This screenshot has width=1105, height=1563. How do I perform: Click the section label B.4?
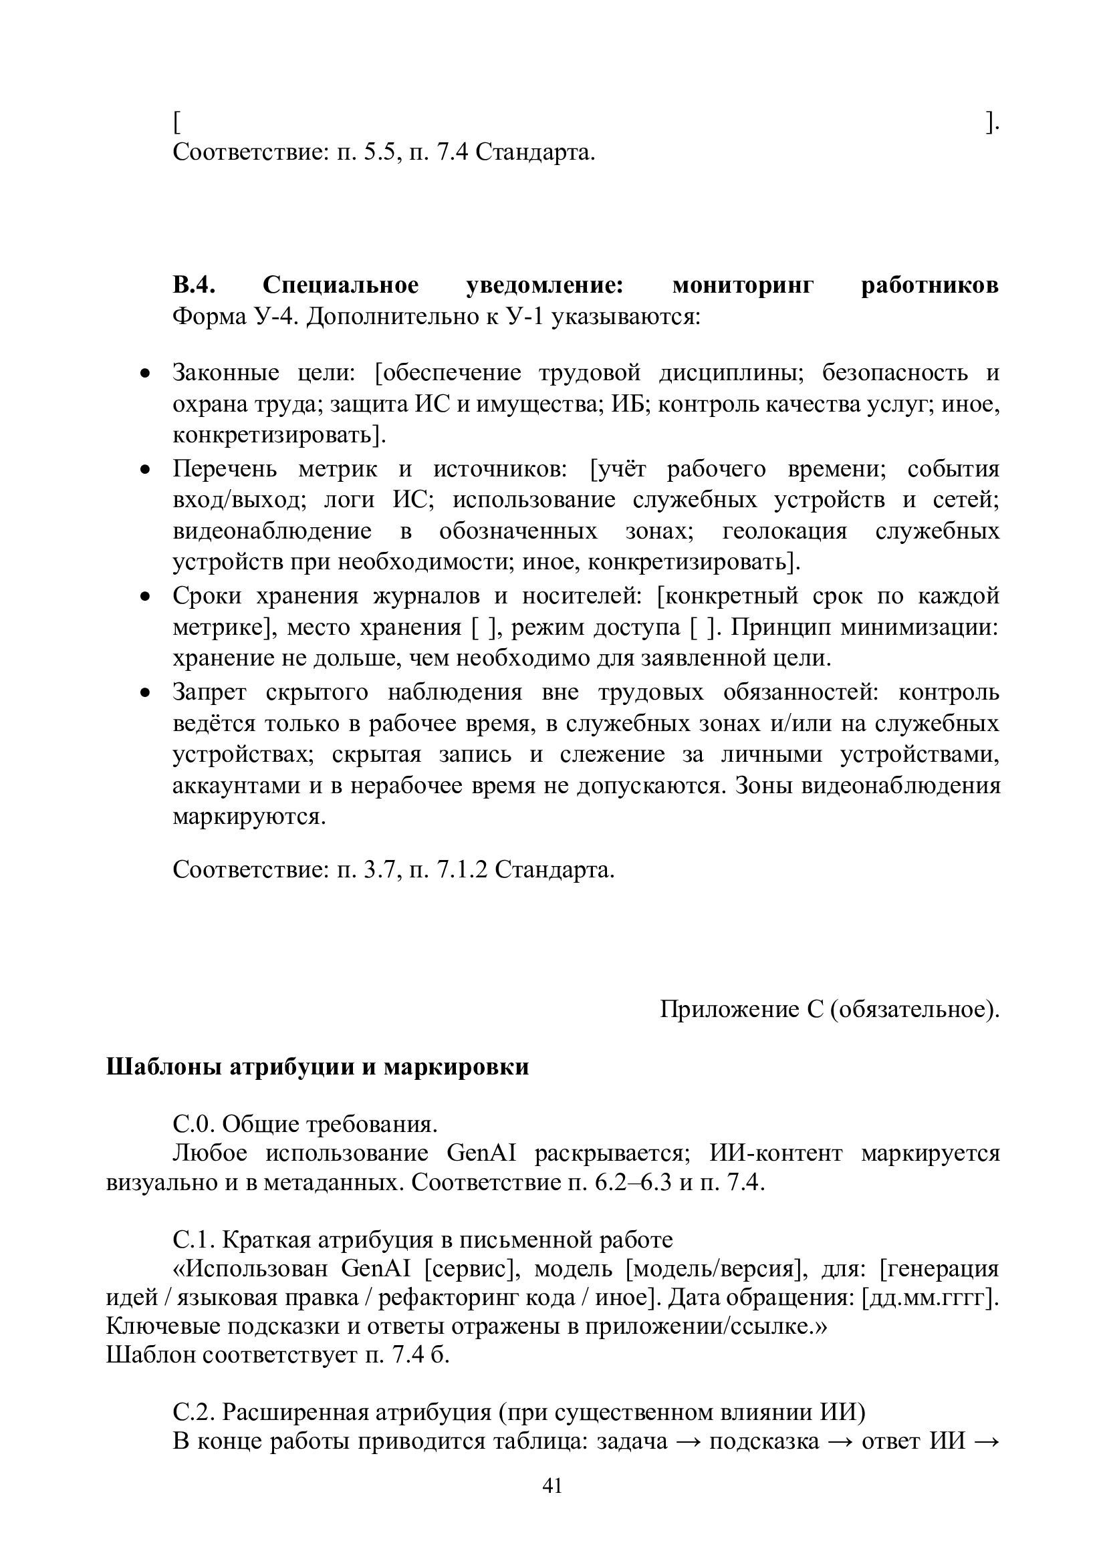coord(194,285)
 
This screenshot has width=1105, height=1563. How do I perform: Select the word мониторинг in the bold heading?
coord(743,285)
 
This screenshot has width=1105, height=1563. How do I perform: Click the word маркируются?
coord(249,816)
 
